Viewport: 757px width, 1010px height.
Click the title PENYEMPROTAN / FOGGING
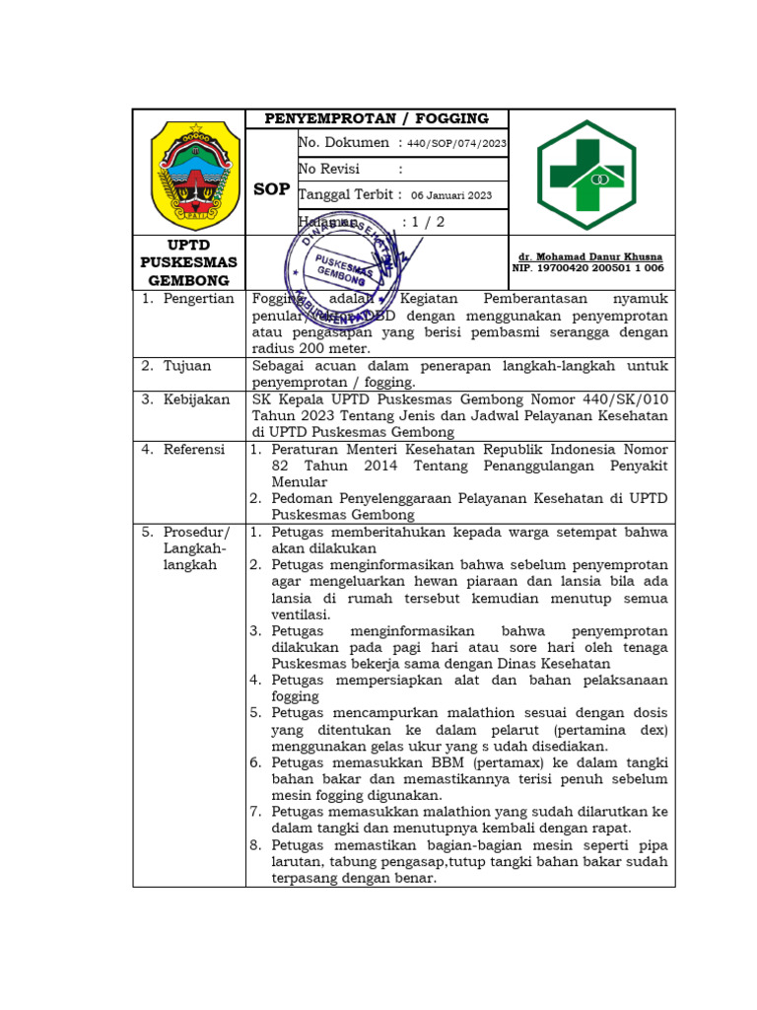click(x=377, y=118)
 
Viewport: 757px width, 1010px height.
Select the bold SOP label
click(x=271, y=188)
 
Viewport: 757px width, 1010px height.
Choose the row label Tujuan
click(x=187, y=366)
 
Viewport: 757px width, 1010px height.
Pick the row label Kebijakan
click(x=197, y=399)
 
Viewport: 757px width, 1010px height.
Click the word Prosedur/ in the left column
click(x=196, y=532)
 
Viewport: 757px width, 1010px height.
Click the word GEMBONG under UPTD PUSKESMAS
click(x=189, y=281)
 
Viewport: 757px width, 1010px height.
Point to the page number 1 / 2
click(x=424, y=222)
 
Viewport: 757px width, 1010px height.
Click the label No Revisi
click(x=329, y=169)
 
